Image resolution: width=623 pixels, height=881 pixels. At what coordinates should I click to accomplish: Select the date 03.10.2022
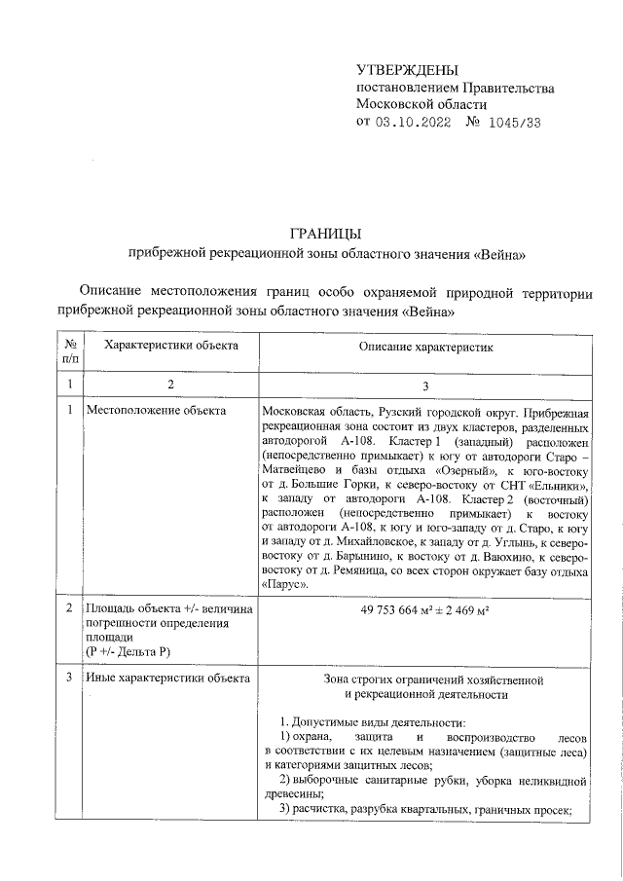pyautogui.click(x=413, y=123)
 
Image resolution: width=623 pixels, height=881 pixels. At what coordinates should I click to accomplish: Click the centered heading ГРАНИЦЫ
pyautogui.click(x=327, y=234)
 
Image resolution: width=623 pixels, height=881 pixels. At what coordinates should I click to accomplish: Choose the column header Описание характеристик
pyautogui.click(x=426, y=346)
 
